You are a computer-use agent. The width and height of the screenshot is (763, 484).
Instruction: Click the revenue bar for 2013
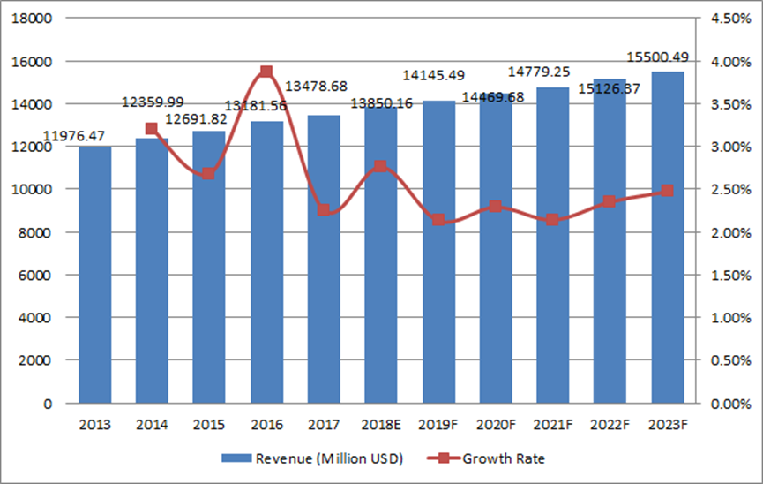[x=94, y=274]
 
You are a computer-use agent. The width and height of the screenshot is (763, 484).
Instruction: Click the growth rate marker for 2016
[x=266, y=72]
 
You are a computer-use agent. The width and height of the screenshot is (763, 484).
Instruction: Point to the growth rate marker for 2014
[x=152, y=129]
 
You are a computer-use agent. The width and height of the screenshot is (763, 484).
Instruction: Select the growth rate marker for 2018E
[x=381, y=167]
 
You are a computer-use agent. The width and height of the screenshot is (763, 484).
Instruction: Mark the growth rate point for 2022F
[x=610, y=202]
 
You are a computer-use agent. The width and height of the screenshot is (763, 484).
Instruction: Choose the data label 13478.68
[x=323, y=86]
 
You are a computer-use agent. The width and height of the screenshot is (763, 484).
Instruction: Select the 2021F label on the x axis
[x=553, y=426]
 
